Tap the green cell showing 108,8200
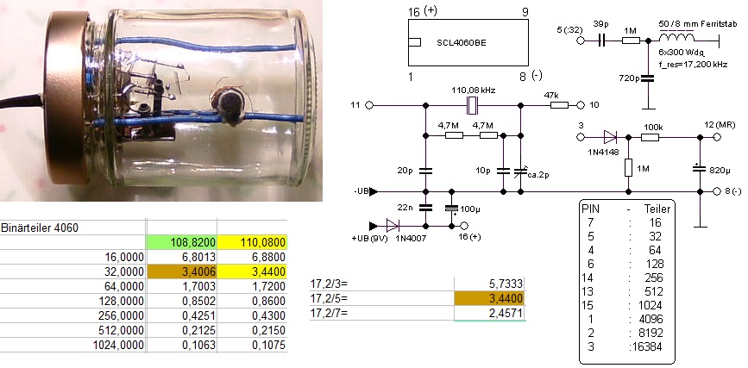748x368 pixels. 180,243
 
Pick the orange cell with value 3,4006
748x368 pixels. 180,272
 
